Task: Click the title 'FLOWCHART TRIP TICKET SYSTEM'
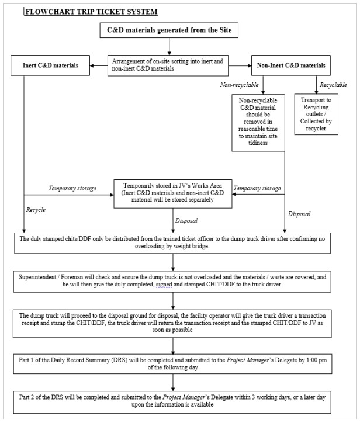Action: click(x=91, y=11)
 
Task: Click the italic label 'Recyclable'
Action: click(x=333, y=85)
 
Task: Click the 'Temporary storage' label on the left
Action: click(x=72, y=188)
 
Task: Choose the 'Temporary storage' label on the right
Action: click(x=258, y=188)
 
